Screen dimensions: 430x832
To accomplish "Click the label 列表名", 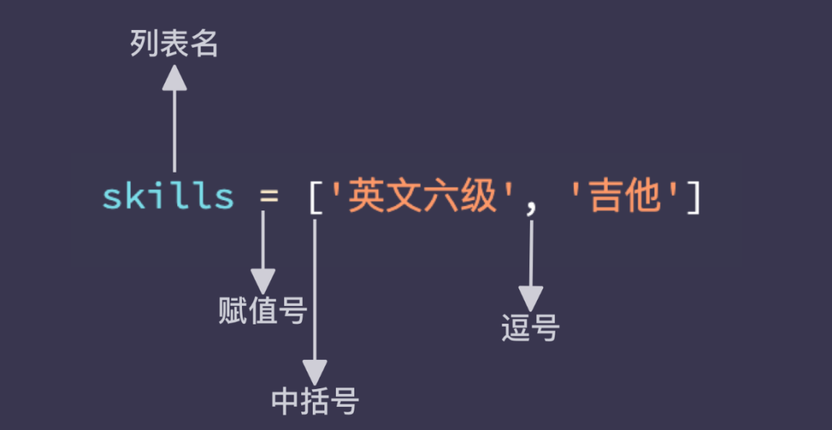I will click(174, 45).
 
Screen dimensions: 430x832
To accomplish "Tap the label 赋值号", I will click(263, 311).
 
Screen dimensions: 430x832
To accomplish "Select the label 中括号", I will click(315, 401).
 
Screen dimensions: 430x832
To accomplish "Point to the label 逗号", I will click(530, 328).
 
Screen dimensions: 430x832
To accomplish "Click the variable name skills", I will click(169, 197).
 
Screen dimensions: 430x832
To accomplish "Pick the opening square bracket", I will click(314, 198).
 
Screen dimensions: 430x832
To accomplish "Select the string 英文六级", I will click(422, 197).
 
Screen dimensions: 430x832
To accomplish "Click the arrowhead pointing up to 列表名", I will click(175, 77).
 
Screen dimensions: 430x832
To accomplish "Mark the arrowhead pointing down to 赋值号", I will click(263, 281).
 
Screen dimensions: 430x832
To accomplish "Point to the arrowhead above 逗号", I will click(531, 298).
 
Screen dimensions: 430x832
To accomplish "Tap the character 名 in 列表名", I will click(204, 45).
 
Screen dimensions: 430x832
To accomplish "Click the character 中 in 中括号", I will click(286, 401).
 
